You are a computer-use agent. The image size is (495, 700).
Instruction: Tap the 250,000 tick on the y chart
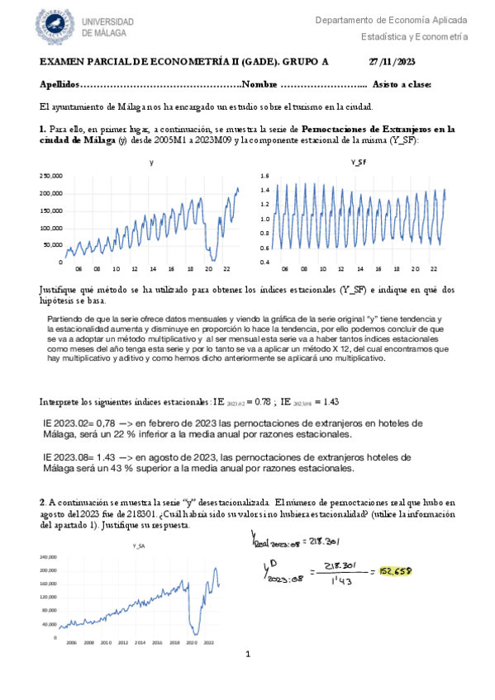point(51,176)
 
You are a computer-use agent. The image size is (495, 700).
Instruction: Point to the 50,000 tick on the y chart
point(53,245)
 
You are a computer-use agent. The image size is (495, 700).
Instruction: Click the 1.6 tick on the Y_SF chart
point(265,177)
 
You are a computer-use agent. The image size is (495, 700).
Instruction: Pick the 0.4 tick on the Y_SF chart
point(265,262)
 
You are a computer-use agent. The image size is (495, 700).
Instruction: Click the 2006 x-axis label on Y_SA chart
point(70,641)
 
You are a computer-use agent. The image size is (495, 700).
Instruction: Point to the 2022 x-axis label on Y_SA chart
point(209,641)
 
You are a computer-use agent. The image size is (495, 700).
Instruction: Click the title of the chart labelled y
point(151,163)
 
